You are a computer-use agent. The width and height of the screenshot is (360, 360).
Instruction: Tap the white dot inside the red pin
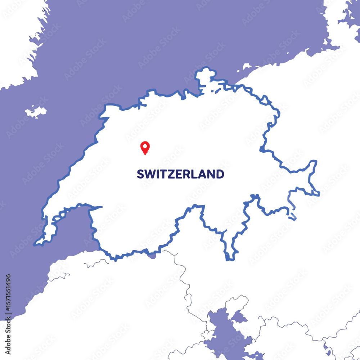(x=145, y=146)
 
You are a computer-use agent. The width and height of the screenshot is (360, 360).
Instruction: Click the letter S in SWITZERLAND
(x=140, y=174)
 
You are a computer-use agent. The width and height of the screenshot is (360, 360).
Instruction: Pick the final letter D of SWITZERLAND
(x=220, y=174)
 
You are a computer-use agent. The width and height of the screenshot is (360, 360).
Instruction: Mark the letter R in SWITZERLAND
(x=186, y=174)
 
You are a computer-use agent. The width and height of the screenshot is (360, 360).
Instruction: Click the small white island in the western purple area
(x=36, y=111)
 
